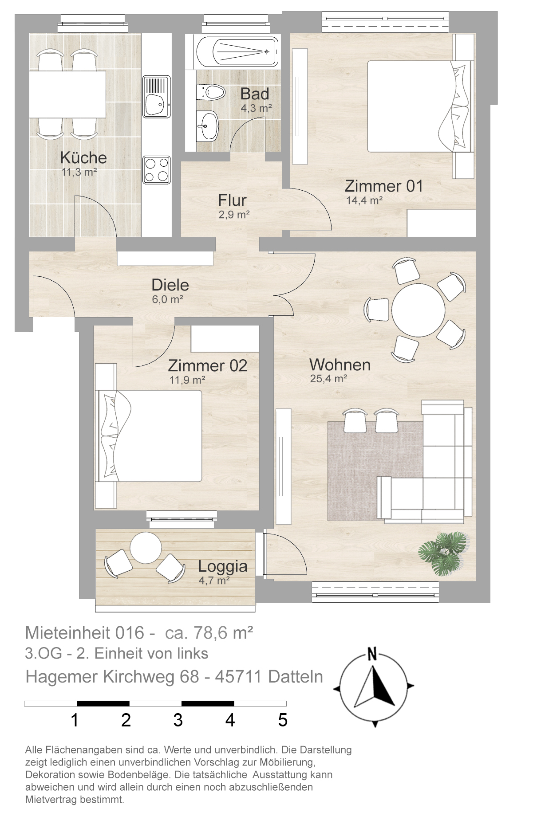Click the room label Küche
[x=83, y=157]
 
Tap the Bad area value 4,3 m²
[x=256, y=108]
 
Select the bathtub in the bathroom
[x=238, y=51]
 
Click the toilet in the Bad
[x=210, y=92]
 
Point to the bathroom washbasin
[x=207, y=126]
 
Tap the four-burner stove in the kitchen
[x=157, y=170]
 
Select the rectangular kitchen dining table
[x=67, y=94]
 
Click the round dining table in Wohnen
[x=418, y=310]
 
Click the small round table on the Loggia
[x=146, y=548]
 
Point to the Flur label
[x=232, y=200]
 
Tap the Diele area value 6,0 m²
[x=168, y=299]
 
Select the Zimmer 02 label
[x=208, y=365]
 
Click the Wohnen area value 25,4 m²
[x=328, y=379]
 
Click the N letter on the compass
[x=372, y=654]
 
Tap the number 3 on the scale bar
[x=178, y=720]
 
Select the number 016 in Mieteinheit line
[x=130, y=632]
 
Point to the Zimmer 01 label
[x=384, y=186]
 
